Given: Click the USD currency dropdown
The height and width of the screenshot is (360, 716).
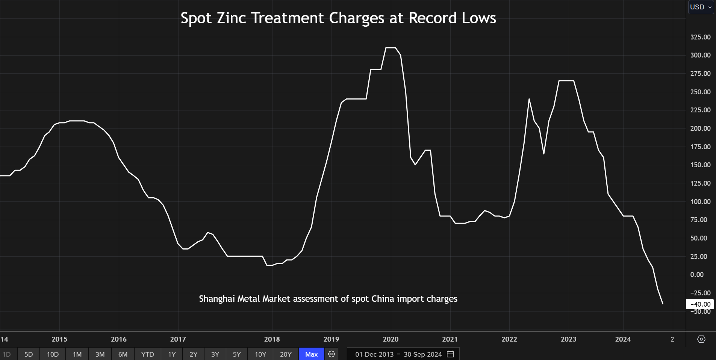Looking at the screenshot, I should (701, 7).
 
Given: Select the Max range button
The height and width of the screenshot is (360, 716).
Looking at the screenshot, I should (311, 354).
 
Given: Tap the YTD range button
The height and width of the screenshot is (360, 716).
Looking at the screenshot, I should (147, 354).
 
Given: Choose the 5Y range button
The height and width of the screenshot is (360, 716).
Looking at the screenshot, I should (237, 354).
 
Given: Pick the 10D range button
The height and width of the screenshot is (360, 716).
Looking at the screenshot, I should (53, 354).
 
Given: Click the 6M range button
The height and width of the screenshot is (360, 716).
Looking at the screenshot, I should (123, 354).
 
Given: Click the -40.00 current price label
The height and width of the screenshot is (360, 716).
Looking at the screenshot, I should (700, 304).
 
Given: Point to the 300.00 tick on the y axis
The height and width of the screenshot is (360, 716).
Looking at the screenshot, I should (700, 55).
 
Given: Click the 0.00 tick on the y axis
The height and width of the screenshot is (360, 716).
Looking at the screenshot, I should (697, 275).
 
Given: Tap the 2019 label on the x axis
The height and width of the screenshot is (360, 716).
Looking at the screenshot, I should (331, 339).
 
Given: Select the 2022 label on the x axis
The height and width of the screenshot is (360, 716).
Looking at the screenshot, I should (509, 339).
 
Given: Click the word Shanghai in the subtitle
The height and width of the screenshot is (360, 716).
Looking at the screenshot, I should (216, 299).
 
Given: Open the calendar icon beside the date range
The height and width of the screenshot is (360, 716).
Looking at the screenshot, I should (450, 354).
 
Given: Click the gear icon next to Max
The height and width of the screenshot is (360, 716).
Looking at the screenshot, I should (332, 354).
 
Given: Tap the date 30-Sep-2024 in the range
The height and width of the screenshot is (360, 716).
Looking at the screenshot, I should (422, 354).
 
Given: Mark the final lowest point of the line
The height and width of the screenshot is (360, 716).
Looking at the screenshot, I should (663, 304).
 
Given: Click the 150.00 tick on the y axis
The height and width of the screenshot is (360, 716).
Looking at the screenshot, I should (700, 165).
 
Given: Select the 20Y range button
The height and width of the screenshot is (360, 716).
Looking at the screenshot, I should (286, 354).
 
